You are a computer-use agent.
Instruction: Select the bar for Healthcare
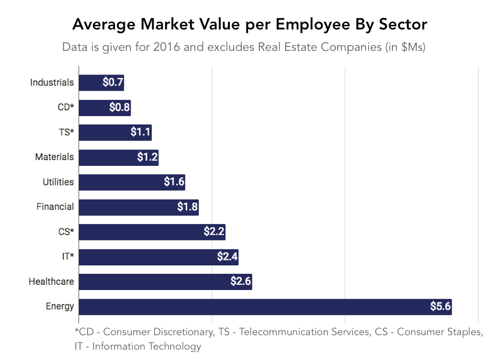[x=165, y=282]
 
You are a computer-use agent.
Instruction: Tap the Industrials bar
[x=101, y=83]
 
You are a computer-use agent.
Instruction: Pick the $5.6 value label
[x=440, y=307]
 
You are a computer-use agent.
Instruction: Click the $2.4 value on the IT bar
[x=227, y=257]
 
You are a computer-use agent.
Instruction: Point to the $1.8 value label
[x=187, y=207]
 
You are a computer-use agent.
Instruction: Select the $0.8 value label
[x=120, y=107]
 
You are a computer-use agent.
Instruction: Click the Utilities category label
[x=58, y=182]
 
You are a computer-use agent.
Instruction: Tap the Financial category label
[x=55, y=207]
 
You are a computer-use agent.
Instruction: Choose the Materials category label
[x=54, y=157]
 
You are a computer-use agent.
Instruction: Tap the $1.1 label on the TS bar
[x=140, y=132]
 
